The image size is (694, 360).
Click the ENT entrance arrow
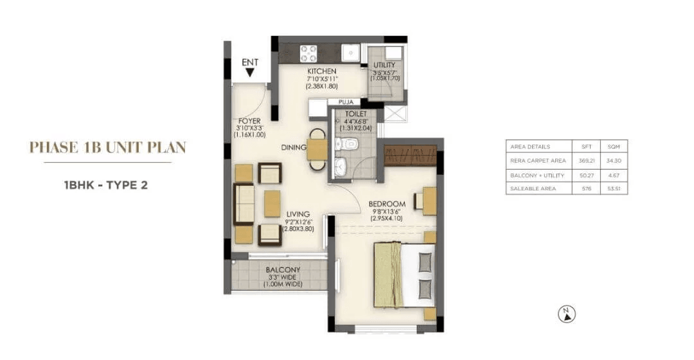tap(250, 73)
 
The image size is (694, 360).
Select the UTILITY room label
tap(384, 65)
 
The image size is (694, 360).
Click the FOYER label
tap(249, 120)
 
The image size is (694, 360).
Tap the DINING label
tap(293, 148)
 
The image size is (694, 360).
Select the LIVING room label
tap(298, 214)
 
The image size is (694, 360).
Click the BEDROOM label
tap(387, 204)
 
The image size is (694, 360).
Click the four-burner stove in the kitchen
tap(308, 52)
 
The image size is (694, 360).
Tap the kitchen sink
tap(350, 52)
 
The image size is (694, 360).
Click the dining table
tap(317, 149)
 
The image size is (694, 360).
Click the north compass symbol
tap(567, 314)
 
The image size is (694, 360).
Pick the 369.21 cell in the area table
tap(583, 160)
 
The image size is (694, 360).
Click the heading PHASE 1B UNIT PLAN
tap(107, 147)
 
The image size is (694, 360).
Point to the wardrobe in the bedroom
tap(410, 155)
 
